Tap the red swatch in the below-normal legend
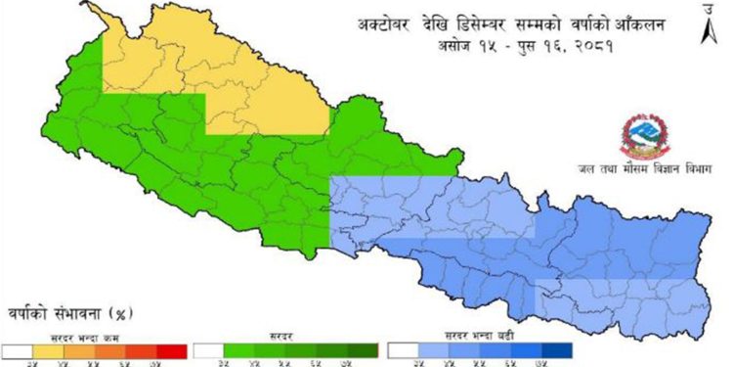click(x=171, y=349)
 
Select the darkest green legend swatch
click(x=363, y=349)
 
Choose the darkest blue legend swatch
click(x=557, y=349)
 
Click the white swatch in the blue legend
click(x=403, y=349)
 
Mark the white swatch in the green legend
click(x=209, y=349)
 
